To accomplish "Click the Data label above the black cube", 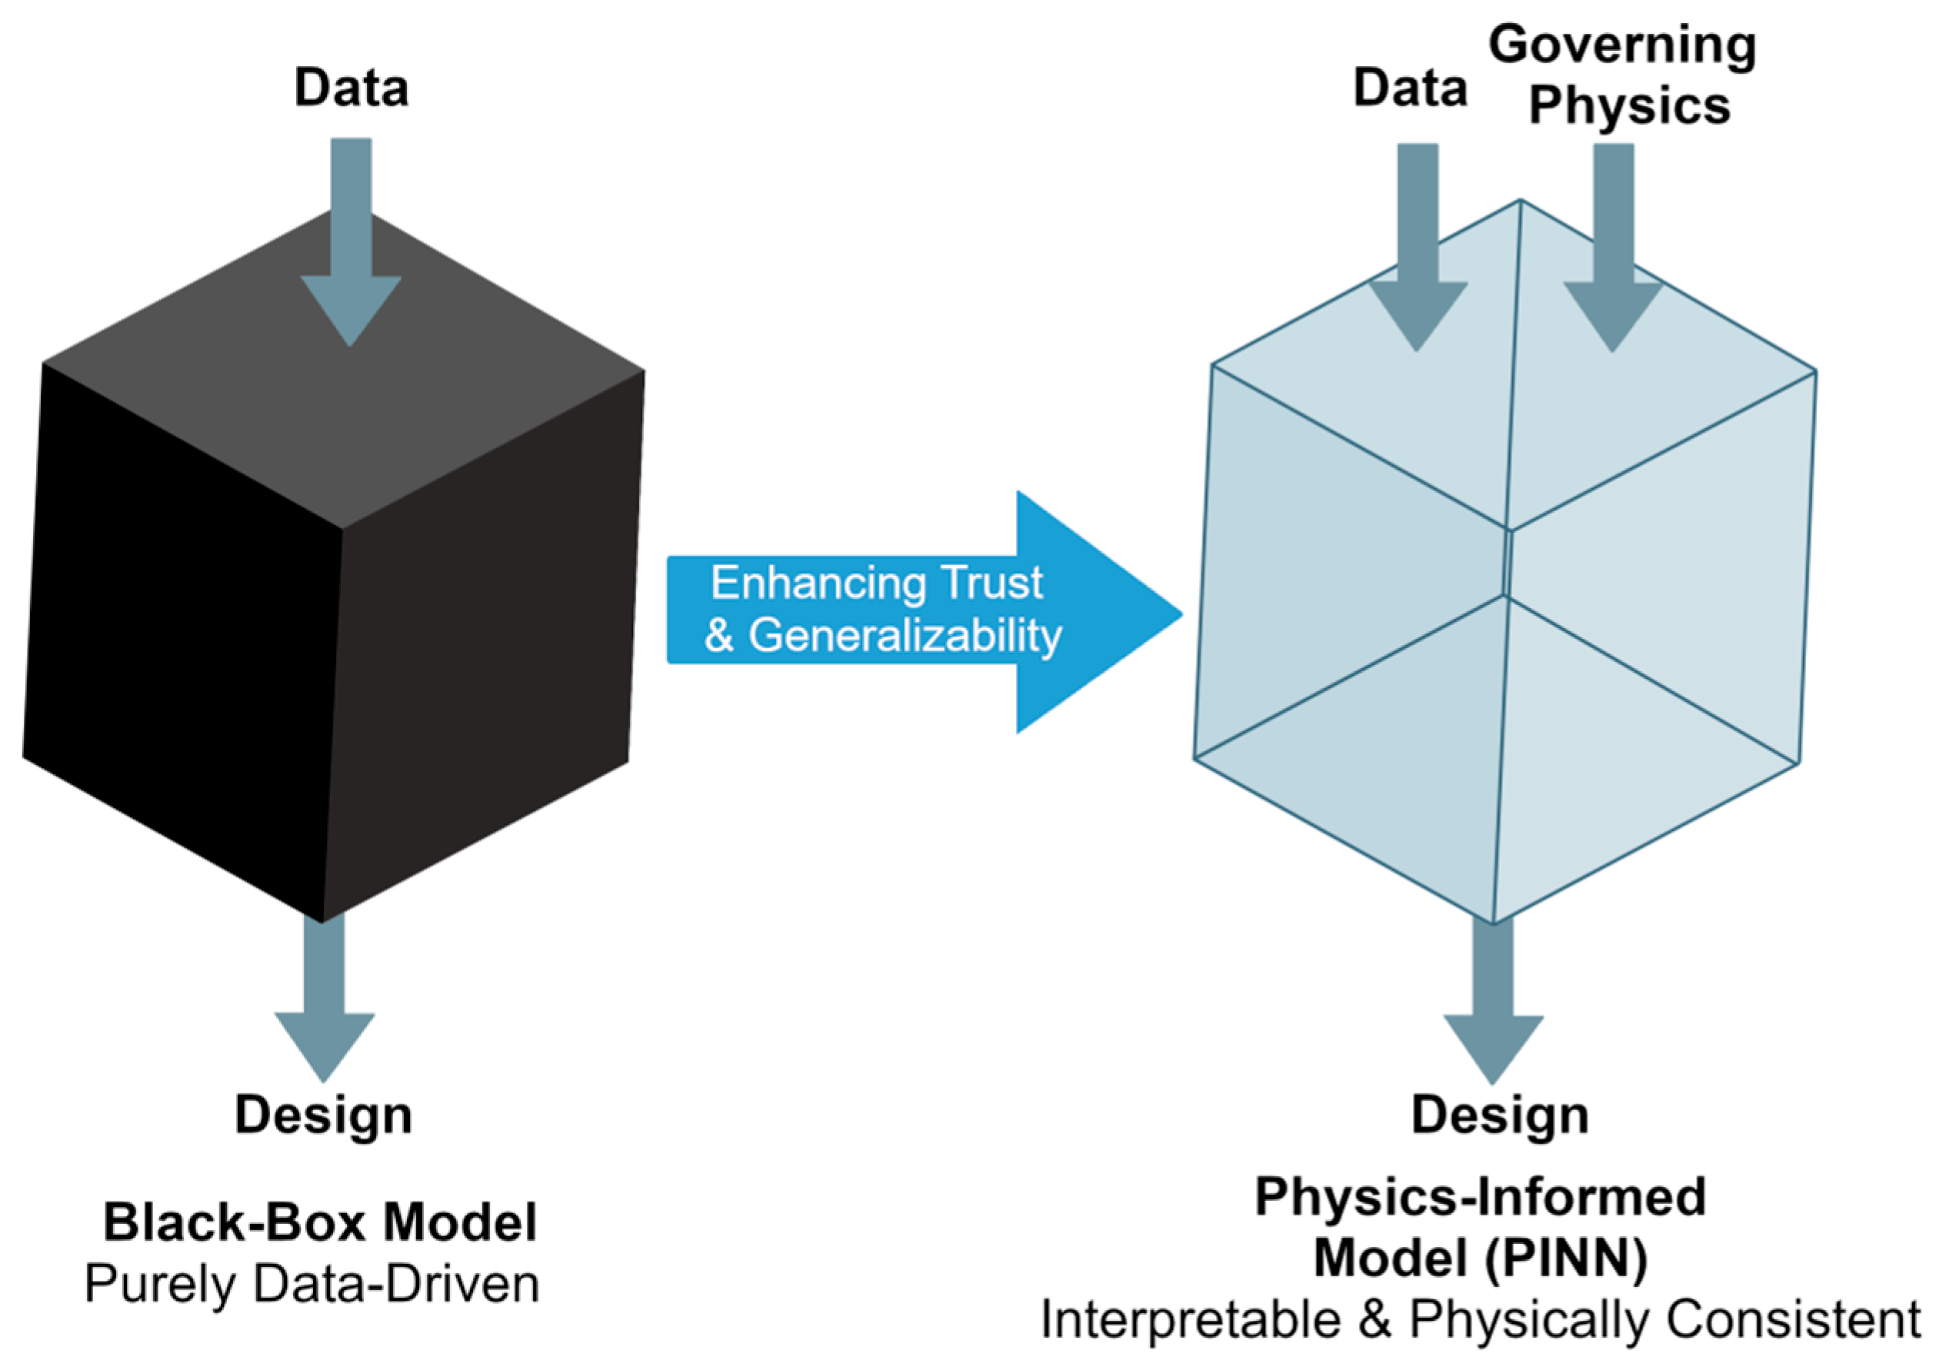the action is pos(351,88).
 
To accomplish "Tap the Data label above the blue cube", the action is pos(1410,88).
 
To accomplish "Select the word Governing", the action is pos(1622,46).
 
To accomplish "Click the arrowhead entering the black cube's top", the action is pos(350,311).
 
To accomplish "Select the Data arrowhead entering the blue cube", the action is pos(1418,316).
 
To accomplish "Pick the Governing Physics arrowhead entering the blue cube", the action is pos(1613,316).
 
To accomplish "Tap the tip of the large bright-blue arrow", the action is pos(1182,614).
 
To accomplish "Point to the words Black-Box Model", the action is pos(320,1222).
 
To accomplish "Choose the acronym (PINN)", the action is pos(1564,1260).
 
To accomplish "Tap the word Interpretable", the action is pos(1191,1319).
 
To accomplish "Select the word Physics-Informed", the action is pos(1481,1198).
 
